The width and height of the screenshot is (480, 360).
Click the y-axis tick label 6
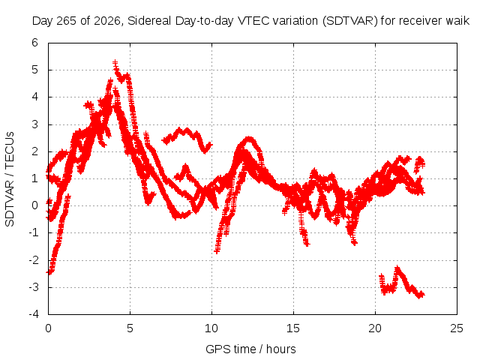pyautogui.click(x=35, y=43)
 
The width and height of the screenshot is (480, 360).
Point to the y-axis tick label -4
pyautogui.click(x=34, y=314)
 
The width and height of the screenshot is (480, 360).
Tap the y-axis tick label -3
pyautogui.click(x=34, y=287)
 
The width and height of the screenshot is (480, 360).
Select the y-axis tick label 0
pyautogui.click(x=35, y=205)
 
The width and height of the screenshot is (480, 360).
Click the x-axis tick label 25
pyautogui.click(x=457, y=328)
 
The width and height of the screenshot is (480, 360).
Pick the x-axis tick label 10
pyautogui.click(x=211, y=328)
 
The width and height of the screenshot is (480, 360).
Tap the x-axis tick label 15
pyautogui.click(x=293, y=328)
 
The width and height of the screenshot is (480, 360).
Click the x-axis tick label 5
pyautogui.click(x=130, y=328)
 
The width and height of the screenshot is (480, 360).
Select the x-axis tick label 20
pyautogui.click(x=375, y=328)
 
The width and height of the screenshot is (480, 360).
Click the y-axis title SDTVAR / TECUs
pyautogui.click(x=10, y=179)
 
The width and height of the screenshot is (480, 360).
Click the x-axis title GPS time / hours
pyautogui.click(x=250, y=349)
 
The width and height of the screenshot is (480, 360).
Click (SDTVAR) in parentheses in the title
pyautogui.click(x=350, y=21)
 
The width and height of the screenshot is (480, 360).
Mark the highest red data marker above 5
pyautogui.click(x=115, y=63)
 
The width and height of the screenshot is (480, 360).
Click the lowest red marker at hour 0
pyautogui.click(x=49, y=272)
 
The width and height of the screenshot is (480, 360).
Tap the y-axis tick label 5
pyautogui.click(x=35, y=70)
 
